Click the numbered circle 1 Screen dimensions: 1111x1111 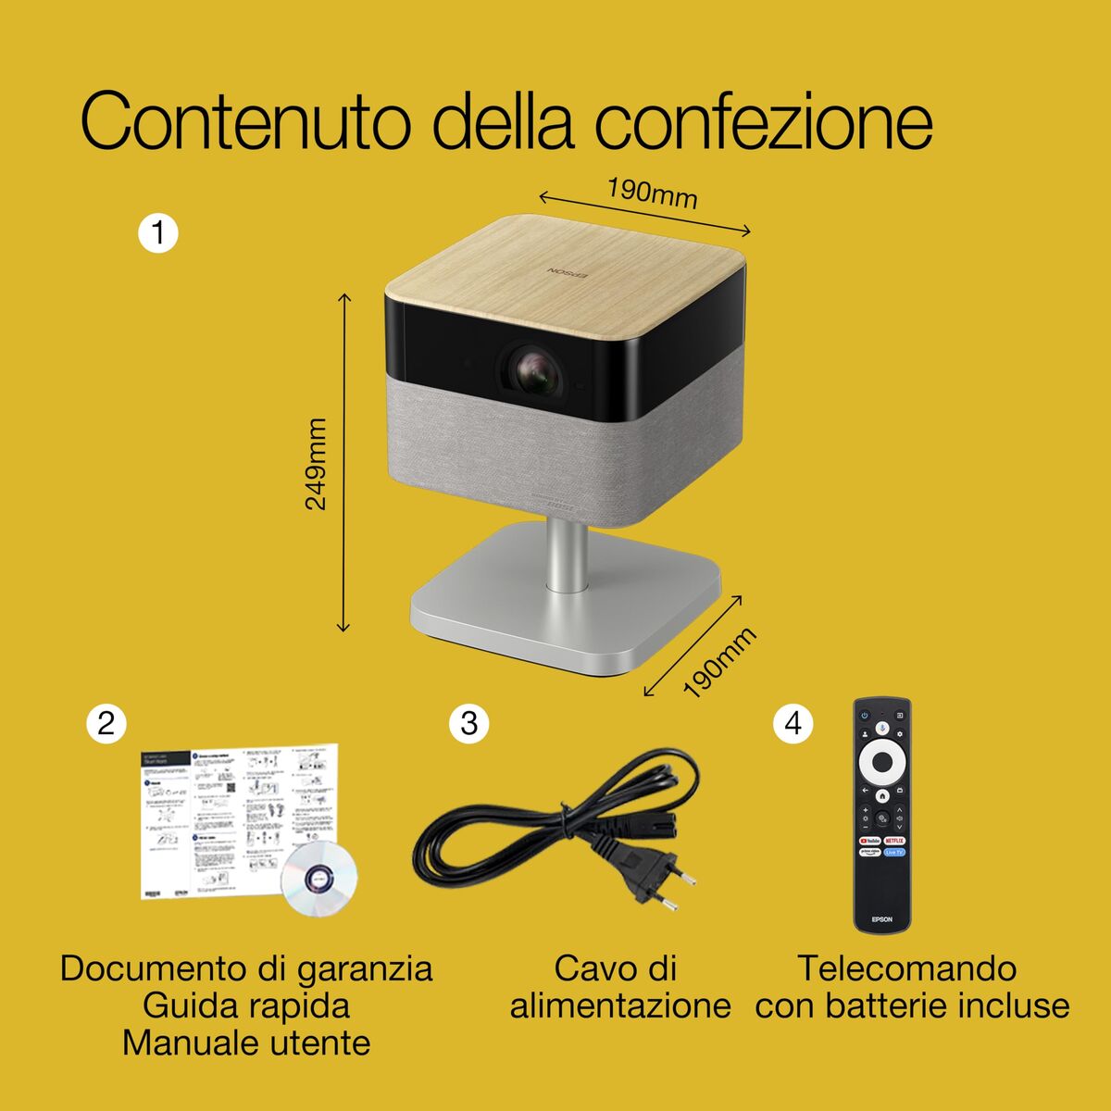pos(157,232)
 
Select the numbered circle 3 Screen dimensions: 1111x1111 pos(468,723)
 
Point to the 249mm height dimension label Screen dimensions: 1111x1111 pos(317,463)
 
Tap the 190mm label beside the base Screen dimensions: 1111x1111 pos(719,662)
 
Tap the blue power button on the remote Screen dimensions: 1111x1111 pos(865,715)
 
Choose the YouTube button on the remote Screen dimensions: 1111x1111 pos(868,840)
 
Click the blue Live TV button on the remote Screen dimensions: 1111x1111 pos(894,852)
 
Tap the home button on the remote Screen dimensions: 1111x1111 pos(882,793)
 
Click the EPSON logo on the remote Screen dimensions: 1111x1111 pos(881,918)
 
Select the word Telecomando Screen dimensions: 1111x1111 pos(906,968)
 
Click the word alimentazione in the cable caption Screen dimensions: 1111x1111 pos(619,1005)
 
